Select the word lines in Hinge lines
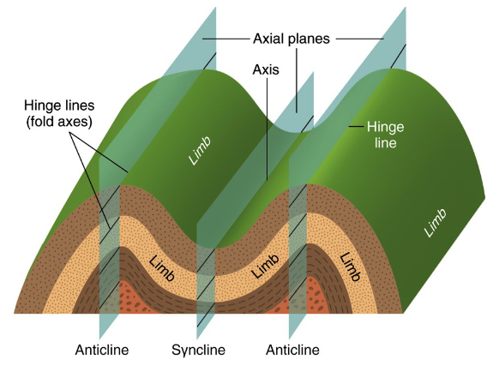tap(81, 105)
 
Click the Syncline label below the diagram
tap(198, 350)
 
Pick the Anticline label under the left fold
tap(105, 350)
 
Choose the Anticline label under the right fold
tap(292, 350)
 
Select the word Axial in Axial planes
tap(270, 39)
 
